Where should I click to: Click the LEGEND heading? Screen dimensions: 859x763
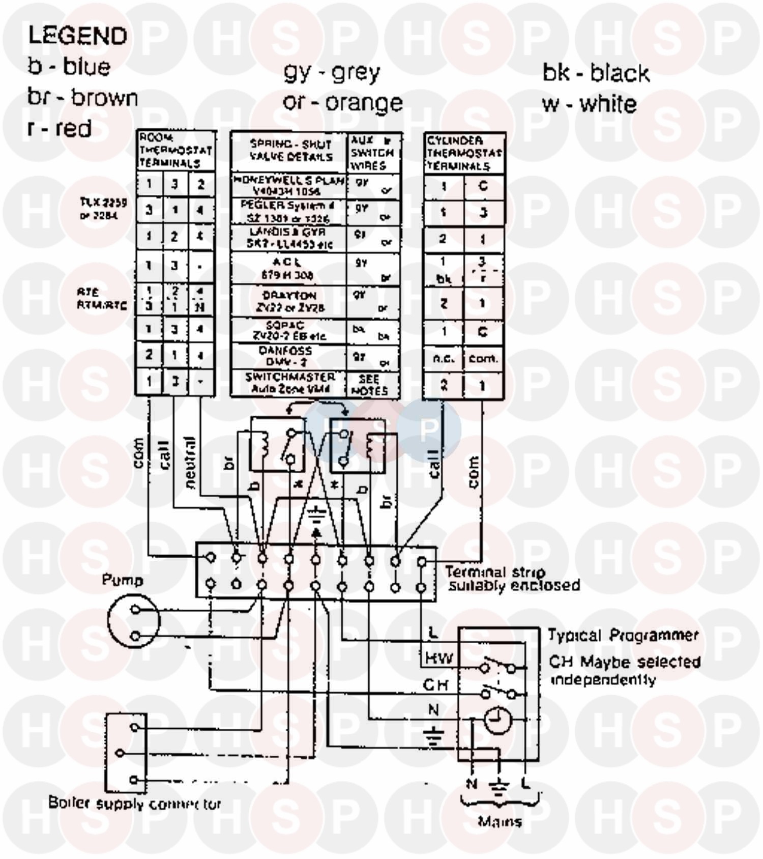pyautogui.click(x=77, y=36)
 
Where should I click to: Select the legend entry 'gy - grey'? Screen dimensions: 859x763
pyautogui.click(x=332, y=72)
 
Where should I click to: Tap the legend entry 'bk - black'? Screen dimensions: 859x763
pyautogui.click(x=596, y=73)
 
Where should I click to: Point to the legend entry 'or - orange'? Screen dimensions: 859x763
pyautogui.click(x=342, y=102)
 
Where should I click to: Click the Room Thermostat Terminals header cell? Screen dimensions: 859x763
pyautogui.click(x=175, y=151)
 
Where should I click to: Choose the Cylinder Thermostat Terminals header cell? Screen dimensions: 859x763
pyautogui.click(x=464, y=153)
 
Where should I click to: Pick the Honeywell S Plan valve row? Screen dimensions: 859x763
pyautogui.click(x=289, y=186)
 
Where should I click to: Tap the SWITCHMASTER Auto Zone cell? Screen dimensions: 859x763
pyautogui.click(x=289, y=383)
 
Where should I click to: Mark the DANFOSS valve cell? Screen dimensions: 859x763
pyautogui.click(x=289, y=356)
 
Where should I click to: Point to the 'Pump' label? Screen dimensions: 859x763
pyautogui.click(x=122, y=580)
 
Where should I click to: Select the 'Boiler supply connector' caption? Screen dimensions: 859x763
pyautogui.click(x=135, y=804)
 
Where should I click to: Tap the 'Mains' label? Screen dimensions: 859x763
pyautogui.click(x=500, y=821)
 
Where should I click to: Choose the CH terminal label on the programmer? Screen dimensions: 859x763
pyautogui.click(x=436, y=685)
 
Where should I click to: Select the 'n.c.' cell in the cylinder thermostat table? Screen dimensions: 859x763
pyautogui.click(x=444, y=359)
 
